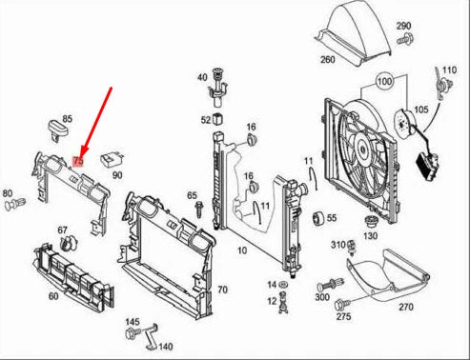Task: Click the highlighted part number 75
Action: pos(79,163)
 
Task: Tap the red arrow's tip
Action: pos(80,155)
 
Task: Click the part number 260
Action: pos(327,59)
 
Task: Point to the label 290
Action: pos(403,26)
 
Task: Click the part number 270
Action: pos(405,307)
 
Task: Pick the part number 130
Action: pos(370,235)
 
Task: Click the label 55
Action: pos(332,217)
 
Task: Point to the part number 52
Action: pos(206,120)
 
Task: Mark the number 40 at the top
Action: pos(202,77)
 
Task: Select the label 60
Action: pos(53,296)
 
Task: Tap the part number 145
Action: pos(133,322)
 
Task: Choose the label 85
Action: pos(68,120)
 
